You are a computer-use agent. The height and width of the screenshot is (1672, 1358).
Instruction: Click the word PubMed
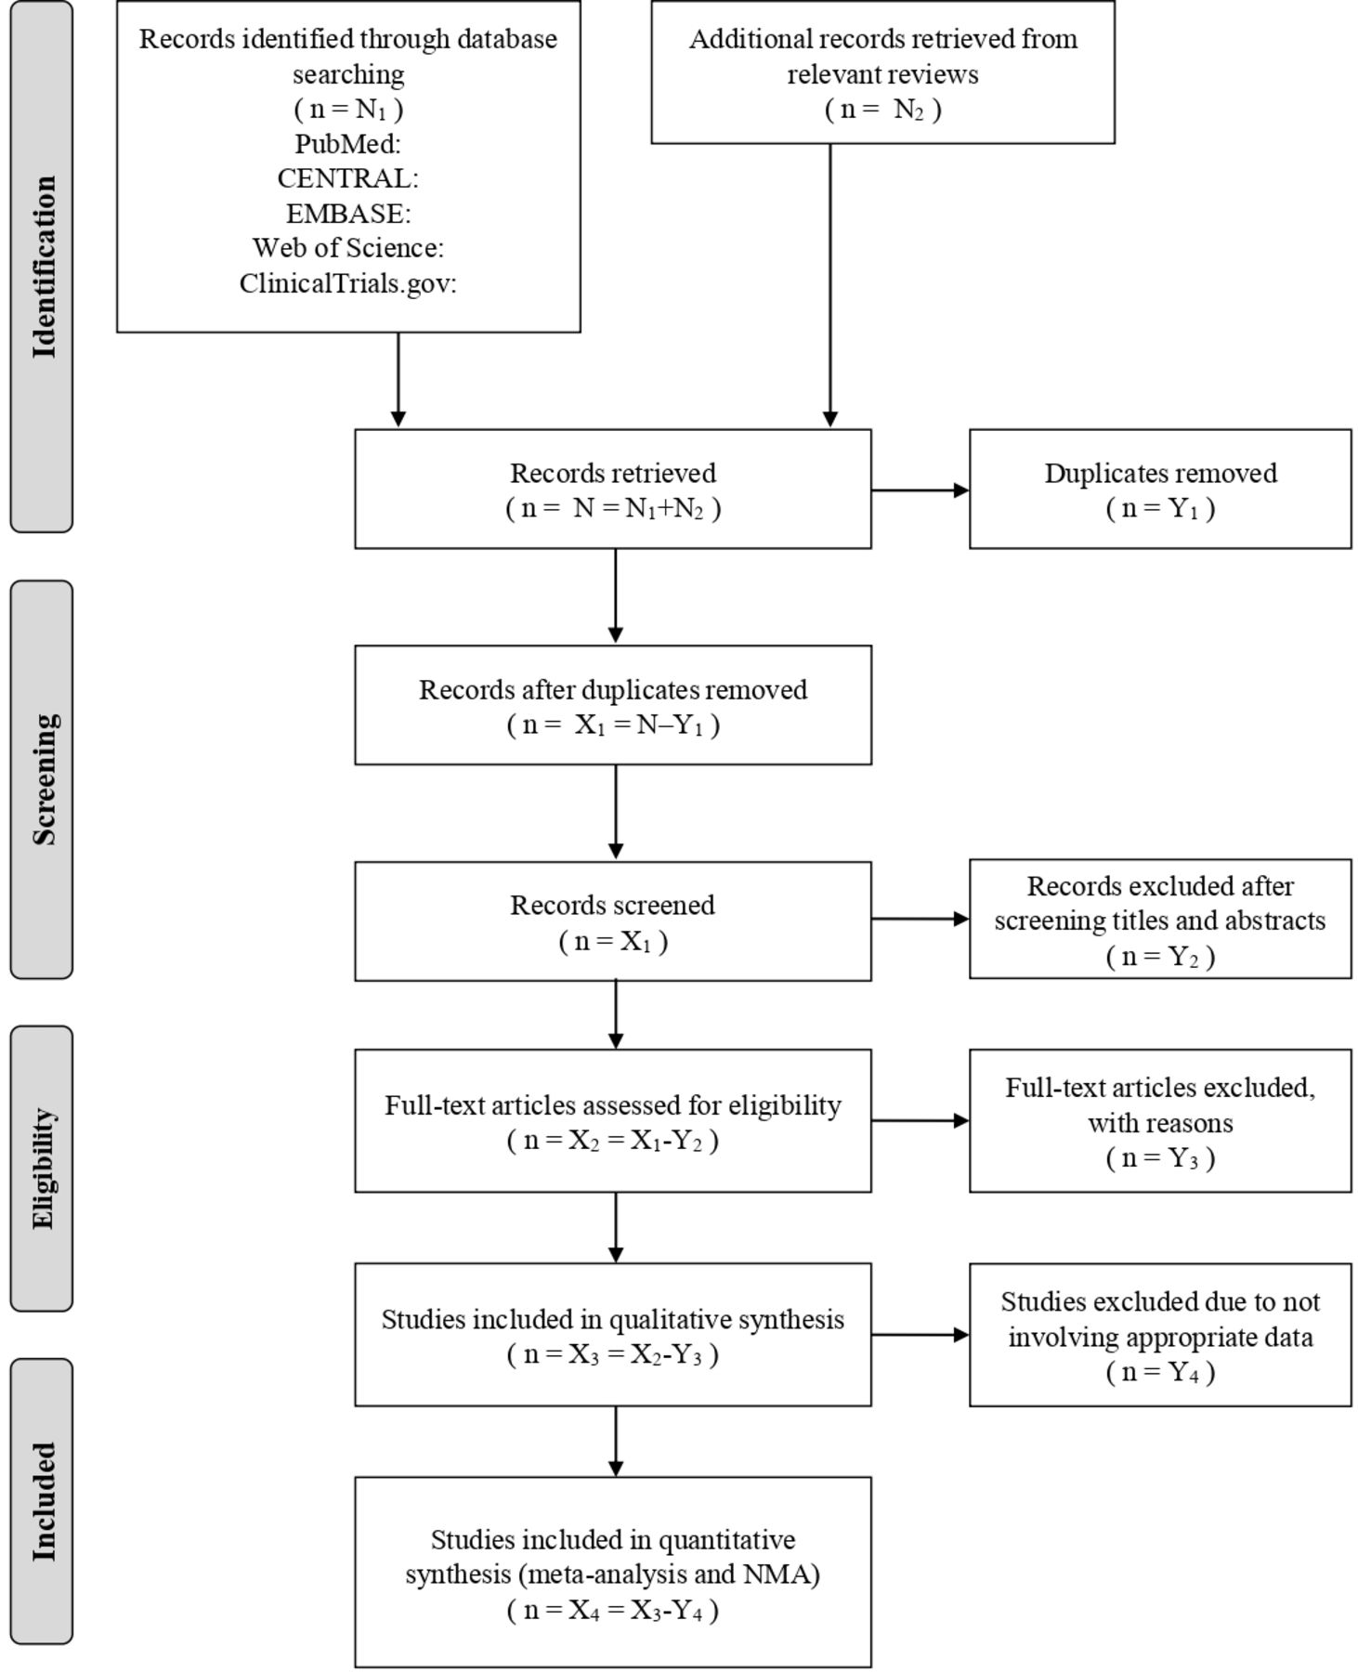347,144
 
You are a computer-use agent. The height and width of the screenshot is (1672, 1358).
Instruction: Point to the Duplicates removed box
1160,489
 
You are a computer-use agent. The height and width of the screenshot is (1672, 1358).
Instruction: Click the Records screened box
613,921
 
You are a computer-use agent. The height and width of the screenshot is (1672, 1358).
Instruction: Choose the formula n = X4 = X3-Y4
613,1610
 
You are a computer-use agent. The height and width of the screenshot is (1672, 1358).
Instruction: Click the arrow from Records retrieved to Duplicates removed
921,490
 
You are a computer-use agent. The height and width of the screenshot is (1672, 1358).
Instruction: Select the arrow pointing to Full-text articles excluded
921,1120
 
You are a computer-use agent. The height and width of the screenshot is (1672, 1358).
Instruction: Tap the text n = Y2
1160,956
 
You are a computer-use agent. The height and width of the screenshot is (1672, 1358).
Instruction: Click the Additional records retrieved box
882,72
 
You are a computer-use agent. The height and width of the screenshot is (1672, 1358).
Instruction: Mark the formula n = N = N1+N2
613,508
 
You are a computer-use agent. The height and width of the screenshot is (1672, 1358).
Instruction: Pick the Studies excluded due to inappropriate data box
1160,1335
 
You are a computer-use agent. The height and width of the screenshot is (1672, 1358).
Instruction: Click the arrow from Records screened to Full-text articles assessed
615,1015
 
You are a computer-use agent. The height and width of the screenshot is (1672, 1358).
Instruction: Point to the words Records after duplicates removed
613,690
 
